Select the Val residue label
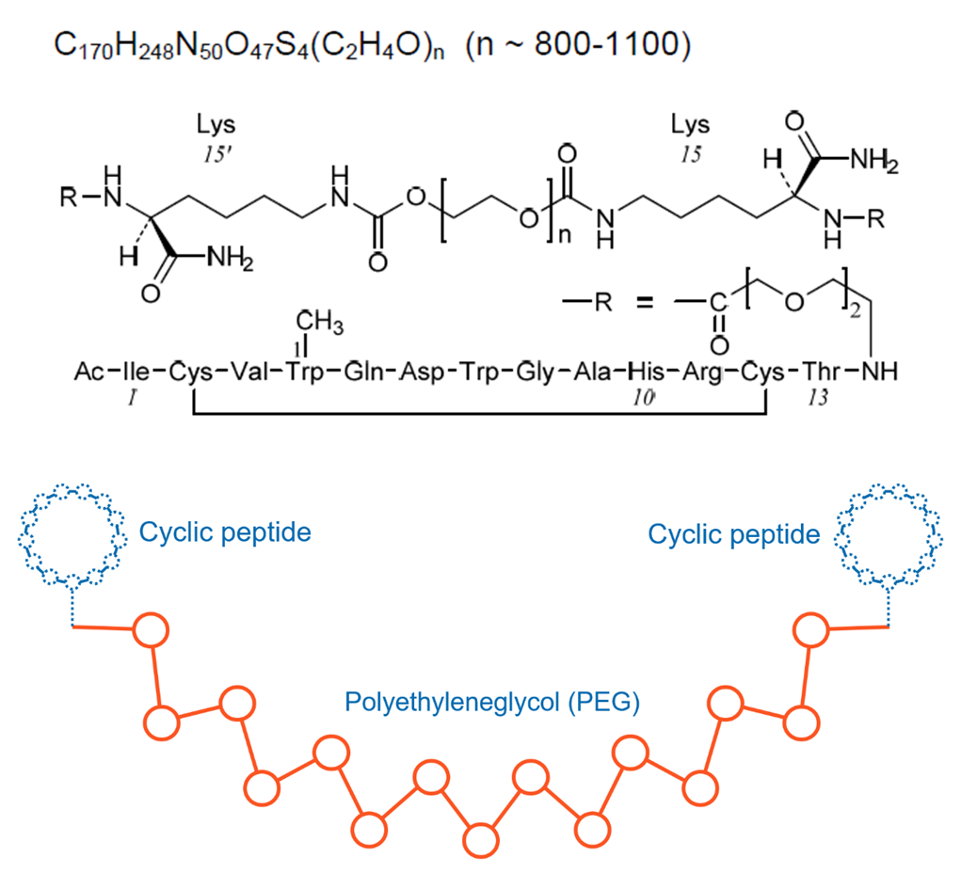tap(251, 372)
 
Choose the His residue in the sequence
tap(647, 372)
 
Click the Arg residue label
tap(703, 373)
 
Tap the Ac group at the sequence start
tap(89, 372)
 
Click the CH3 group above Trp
tap(319, 321)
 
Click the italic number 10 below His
tap(644, 398)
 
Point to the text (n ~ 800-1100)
tap(579, 45)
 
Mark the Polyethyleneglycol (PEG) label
tap(492, 702)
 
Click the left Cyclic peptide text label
tap(225, 532)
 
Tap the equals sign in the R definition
tap(645, 301)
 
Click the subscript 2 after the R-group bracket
tap(856, 310)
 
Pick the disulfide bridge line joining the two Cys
tap(480, 414)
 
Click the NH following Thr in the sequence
tap(879, 372)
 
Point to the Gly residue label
tap(536, 373)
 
